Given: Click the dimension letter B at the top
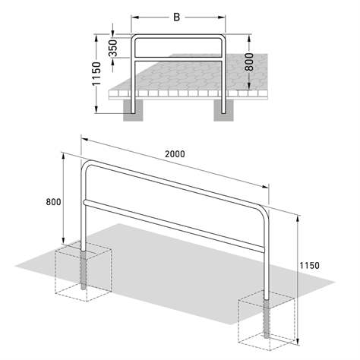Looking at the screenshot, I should (x=178, y=14).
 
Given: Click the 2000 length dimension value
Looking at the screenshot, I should (x=175, y=153).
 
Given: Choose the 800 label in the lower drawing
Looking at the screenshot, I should (x=52, y=202).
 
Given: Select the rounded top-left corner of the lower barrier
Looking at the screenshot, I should (x=87, y=165).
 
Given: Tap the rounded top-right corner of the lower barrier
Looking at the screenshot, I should (x=264, y=209).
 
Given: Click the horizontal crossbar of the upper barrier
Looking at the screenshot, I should (x=179, y=57).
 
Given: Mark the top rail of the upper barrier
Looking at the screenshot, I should (x=179, y=36).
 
